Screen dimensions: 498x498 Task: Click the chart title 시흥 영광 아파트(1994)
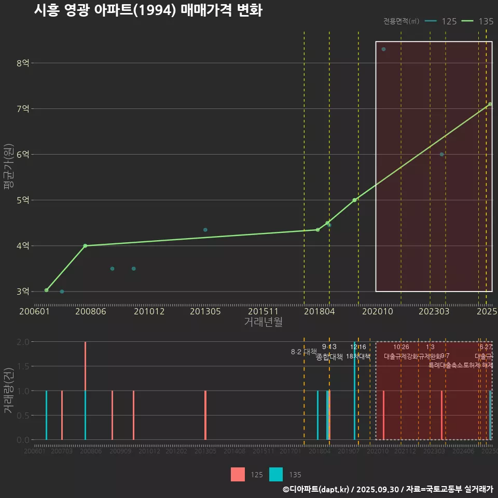[148, 10]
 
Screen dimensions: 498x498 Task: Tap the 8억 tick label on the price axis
[23, 63]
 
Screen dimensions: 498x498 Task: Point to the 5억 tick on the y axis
[23, 200]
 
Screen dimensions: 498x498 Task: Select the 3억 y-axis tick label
[23, 292]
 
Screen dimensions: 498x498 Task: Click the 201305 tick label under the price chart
[205, 312]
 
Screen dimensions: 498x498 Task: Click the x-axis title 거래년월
[263, 322]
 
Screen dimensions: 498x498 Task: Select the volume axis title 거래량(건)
[9, 391]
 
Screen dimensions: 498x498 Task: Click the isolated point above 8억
[383, 49]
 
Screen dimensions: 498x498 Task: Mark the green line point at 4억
[85, 246]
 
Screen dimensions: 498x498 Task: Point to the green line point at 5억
[354, 200]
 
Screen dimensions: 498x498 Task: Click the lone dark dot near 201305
[205, 230]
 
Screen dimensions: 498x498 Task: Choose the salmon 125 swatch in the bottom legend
[238, 474]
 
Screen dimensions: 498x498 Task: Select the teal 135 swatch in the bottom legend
[276, 474]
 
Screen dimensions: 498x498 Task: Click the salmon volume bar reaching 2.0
[86, 366]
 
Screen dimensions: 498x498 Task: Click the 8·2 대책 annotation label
[304, 352]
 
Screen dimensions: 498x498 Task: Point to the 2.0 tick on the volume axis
[23, 342]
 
